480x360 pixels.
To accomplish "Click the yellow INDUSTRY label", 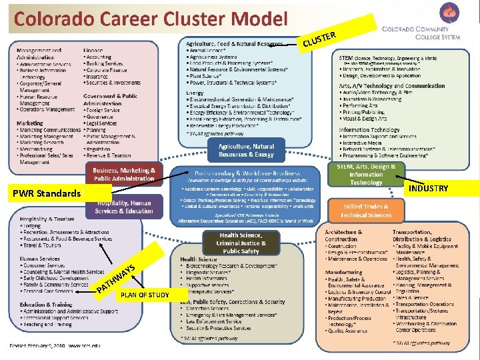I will (x=429, y=189).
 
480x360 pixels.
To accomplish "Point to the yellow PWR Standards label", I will (x=46, y=194).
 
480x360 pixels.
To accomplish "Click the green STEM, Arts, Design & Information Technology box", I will (x=366, y=175).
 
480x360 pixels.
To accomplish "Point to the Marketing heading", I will (x=30, y=123).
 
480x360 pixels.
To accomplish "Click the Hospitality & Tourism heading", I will (x=47, y=219).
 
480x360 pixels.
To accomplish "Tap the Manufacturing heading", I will (x=344, y=272).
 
